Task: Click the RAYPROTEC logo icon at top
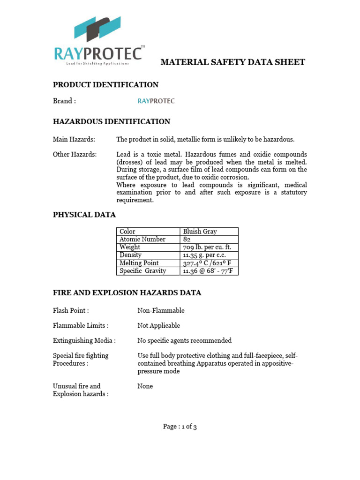pos(97,29)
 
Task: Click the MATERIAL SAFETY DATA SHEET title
pos(233,62)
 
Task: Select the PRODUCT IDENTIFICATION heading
pos(105,85)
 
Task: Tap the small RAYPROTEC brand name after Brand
pos(156,101)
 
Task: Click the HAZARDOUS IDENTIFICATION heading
pos(111,122)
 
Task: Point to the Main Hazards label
pos(74,140)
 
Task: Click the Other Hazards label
pos(75,155)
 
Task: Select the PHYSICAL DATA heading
pos(84,215)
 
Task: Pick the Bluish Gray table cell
pos(200,232)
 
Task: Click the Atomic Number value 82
pos(187,240)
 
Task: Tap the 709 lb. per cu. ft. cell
pos(207,247)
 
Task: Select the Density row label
pos(131,255)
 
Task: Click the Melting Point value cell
pos(207,263)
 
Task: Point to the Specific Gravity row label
pos(142,271)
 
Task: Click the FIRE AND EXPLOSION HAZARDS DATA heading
pos(127,293)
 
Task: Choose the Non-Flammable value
pos(161,311)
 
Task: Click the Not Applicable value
pos(158,326)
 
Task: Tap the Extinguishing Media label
pos(84,341)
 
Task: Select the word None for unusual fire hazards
pos(145,386)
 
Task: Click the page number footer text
pos(180,427)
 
